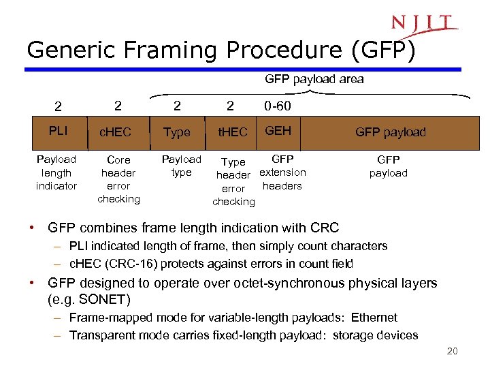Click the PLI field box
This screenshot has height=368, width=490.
(x=56, y=132)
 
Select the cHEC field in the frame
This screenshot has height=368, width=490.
(x=116, y=132)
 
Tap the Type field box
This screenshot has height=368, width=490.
(x=177, y=132)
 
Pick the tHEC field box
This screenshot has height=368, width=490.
(x=233, y=132)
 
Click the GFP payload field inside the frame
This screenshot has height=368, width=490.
(x=390, y=132)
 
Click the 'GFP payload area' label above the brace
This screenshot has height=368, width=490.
(x=314, y=79)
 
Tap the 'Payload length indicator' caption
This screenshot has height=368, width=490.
(x=56, y=172)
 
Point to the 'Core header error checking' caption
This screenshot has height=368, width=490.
(x=118, y=179)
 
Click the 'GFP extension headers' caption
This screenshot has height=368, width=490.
(x=282, y=172)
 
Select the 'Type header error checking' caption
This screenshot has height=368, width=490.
(x=233, y=182)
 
